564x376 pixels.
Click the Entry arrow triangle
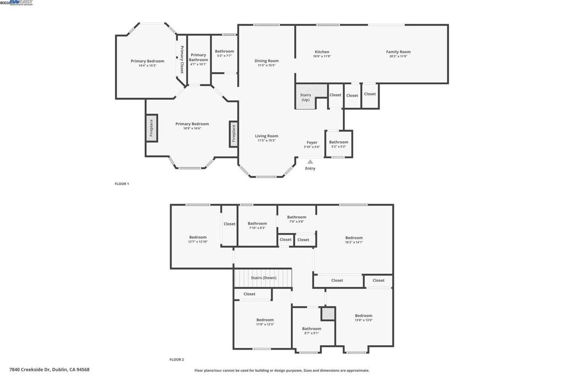coord(310,162)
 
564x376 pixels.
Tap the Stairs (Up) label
coord(305,97)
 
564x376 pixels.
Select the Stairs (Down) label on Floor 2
coord(263,278)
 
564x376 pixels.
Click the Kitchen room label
coord(322,52)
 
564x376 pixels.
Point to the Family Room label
coord(398,52)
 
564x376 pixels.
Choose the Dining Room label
coord(267,61)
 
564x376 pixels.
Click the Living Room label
coord(267,136)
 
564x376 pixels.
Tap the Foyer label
coord(312,142)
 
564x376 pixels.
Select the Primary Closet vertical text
coord(182,60)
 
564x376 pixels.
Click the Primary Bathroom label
coord(198,57)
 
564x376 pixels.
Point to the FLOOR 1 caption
coord(122,184)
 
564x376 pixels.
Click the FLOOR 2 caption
coord(177,359)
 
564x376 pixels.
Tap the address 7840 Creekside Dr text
coord(49,369)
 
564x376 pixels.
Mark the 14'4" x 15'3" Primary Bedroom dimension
coord(148,66)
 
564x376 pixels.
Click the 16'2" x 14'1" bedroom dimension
coord(354,242)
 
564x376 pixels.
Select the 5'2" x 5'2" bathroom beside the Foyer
coord(339,147)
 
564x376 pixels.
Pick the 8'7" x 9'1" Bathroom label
coord(311,329)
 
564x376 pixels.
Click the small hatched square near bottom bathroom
coord(328,314)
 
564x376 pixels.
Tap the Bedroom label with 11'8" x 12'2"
coord(265,320)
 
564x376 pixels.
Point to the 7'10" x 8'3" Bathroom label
coord(257,223)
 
